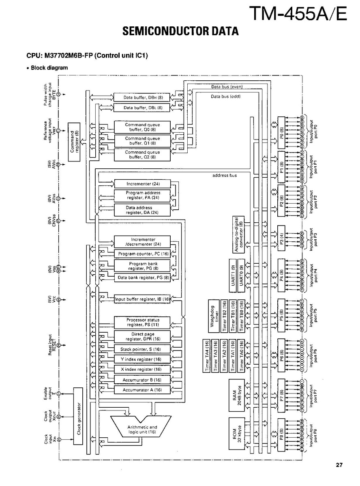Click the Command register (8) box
74,141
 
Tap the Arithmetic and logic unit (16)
142,430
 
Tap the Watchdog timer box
214,317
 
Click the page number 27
339,465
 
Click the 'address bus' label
224,176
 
